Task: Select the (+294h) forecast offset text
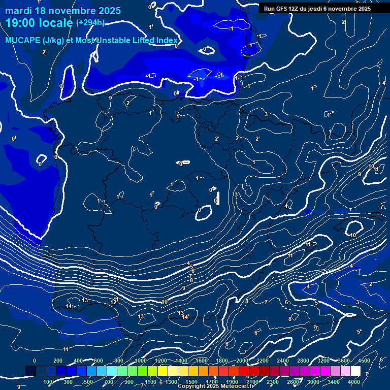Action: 90,23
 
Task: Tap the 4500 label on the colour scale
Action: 364,361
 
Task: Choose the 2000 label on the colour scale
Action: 242,361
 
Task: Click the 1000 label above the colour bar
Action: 141,361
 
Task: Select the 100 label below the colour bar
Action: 48,382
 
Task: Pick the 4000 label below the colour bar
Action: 354,382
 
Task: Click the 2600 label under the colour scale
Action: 293,382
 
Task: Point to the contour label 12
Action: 113,302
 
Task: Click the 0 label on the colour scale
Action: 35,361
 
